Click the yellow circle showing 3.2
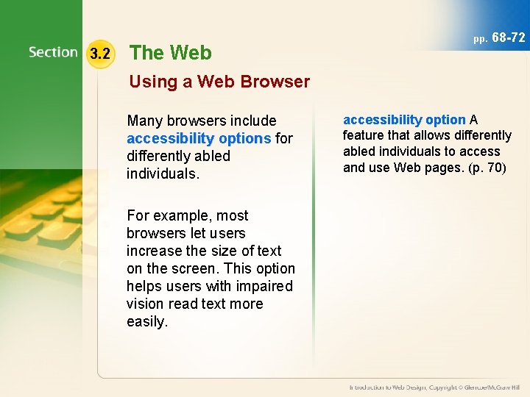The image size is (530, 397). click(99, 53)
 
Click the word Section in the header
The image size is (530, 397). click(53, 52)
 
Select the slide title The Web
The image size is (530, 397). click(170, 52)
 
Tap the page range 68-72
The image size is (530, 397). click(508, 37)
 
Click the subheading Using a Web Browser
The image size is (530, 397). click(219, 82)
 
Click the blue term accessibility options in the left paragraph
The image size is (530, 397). click(199, 138)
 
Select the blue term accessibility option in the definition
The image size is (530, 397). click(404, 119)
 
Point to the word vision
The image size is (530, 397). click(145, 304)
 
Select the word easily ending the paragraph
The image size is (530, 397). click(147, 321)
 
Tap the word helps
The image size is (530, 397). click(145, 286)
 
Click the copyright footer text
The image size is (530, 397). click(434, 387)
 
